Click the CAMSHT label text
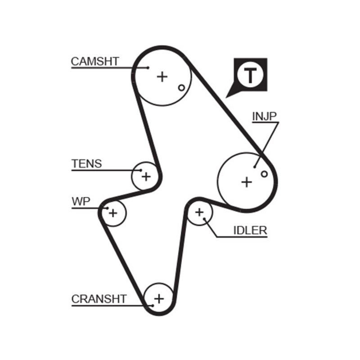coord(95,61)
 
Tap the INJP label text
coord(265,116)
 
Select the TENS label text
coord(86,164)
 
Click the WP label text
coord(81,201)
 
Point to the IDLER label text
coord(250,230)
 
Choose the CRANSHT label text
coord(99,299)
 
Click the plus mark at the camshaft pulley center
coord(162,76)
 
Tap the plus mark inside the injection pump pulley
coord(247,182)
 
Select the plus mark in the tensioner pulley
coord(146,177)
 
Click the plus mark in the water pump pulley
coord(113,213)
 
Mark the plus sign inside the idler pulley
coord(199,212)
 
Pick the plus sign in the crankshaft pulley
coord(159,299)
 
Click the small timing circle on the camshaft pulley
coord(182,88)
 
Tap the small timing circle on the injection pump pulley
coord(264,174)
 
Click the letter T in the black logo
coord(250,75)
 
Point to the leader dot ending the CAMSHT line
coord(148,68)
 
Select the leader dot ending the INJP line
coord(255,167)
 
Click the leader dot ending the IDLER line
coord(204,219)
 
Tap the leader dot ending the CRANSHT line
coord(153,306)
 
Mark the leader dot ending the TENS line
coord(141,171)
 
